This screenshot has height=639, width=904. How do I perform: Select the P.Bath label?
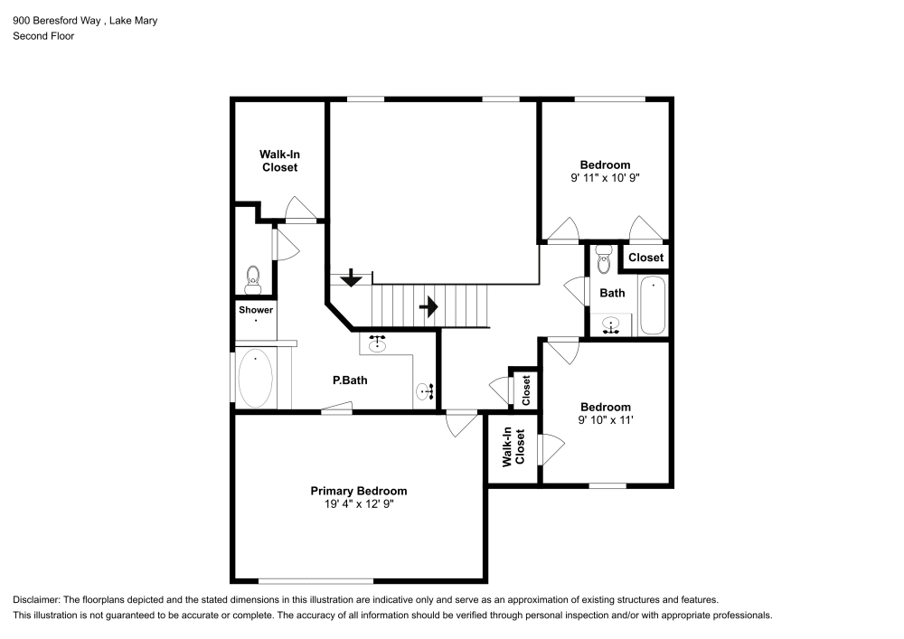tap(350, 381)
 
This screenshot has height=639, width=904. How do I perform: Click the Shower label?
tap(256, 310)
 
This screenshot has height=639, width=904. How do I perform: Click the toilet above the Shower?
tap(253, 277)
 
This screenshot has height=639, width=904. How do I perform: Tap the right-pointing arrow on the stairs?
tap(428, 307)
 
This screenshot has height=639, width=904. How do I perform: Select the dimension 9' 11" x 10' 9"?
tap(605, 179)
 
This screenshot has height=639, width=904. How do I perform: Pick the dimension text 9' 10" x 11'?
tap(605, 420)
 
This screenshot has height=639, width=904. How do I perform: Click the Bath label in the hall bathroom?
tap(612, 293)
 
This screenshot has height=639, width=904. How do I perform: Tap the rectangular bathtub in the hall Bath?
tap(652, 305)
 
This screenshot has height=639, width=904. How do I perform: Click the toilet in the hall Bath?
tap(604, 259)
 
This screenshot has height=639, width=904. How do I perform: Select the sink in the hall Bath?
tap(611, 325)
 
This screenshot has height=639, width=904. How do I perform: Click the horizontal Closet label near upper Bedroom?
tap(645, 258)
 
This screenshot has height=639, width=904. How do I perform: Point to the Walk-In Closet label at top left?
tap(279, 161)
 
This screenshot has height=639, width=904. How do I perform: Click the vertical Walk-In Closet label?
tap(513, 446)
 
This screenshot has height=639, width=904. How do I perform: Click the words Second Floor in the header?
tap(43, 36)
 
